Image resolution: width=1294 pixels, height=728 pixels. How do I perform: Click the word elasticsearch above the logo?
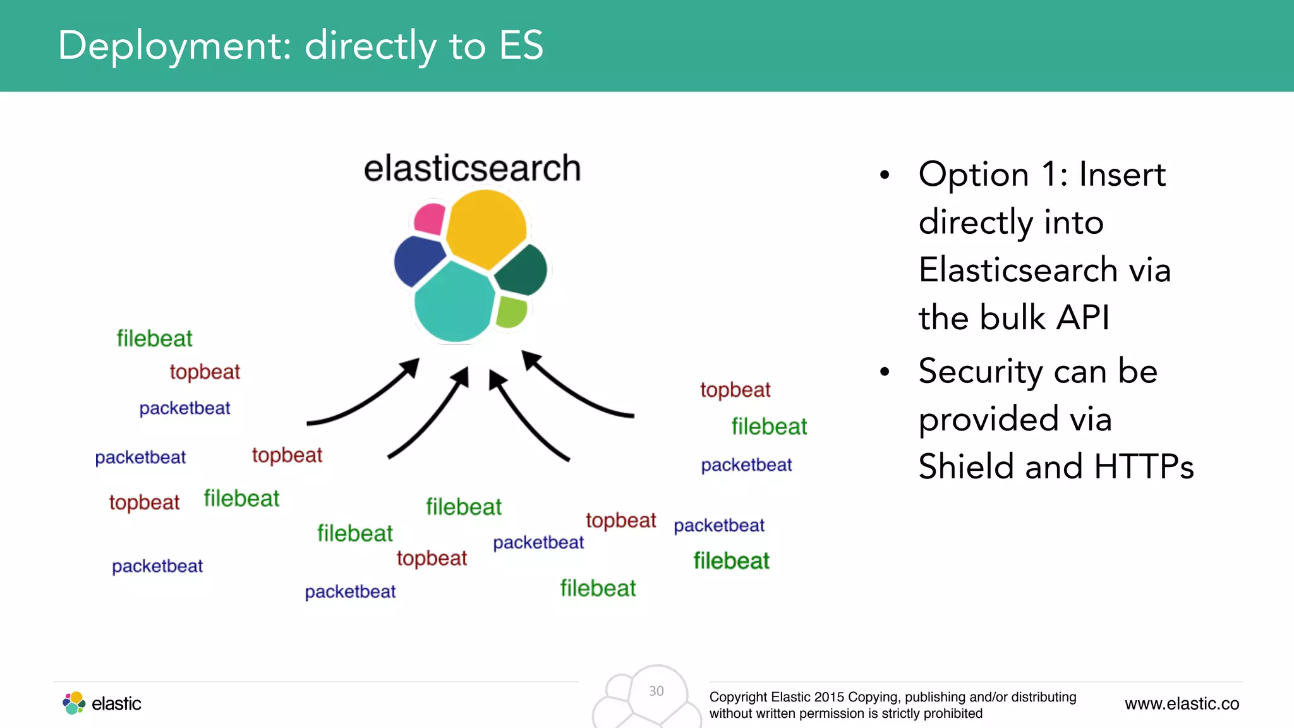click(472, 169)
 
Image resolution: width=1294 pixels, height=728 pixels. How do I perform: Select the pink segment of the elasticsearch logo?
click(430, 219)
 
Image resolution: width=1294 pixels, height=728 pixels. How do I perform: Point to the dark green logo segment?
click(522, 270)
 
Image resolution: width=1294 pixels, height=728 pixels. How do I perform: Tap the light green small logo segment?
click(511, 312)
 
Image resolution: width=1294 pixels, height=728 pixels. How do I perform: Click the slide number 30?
click(656, 691)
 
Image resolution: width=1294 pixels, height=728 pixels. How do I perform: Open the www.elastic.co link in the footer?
click(1182, 703)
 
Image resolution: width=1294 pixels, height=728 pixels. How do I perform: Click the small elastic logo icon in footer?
click(74, 703)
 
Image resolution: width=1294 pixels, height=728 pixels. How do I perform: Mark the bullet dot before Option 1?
click(885, 175)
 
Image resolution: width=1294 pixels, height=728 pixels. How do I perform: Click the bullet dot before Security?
click(885, 372)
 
